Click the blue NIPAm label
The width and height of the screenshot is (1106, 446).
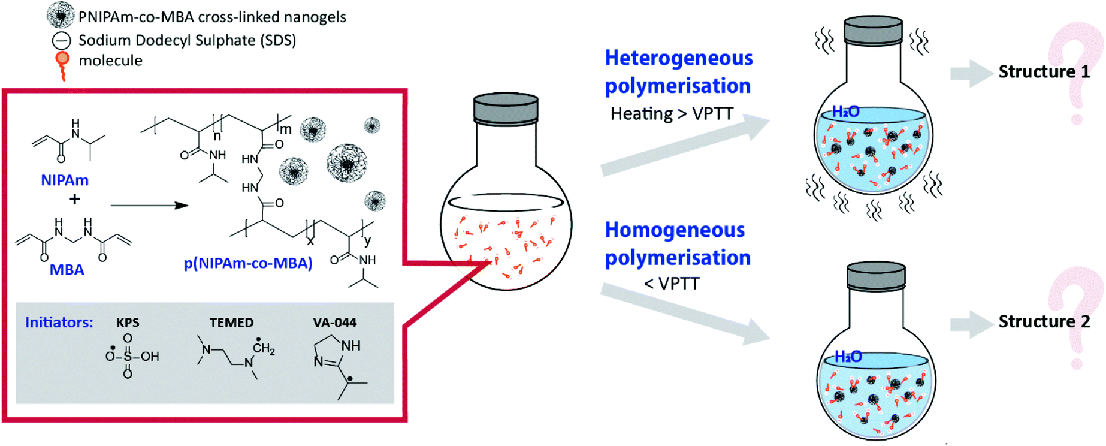tap(65, 180)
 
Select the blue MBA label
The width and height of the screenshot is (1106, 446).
tap(67, 270)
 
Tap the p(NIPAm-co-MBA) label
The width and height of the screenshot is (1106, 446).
tap(248, 263)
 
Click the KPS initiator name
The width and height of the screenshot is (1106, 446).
tap(128, 323)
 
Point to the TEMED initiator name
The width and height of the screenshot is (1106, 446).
tap(231, 323)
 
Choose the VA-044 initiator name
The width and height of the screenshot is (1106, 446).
tap(334, 323)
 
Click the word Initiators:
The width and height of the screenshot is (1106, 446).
tap(59, 323)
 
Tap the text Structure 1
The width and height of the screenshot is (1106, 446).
tap(1044, 72)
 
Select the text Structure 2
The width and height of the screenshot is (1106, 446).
tap(1044, 322)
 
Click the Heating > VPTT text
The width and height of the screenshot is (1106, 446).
tap(672, 114)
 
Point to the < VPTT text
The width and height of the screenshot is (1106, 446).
tap(672, 284)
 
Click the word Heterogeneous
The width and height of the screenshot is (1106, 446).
tap(678, 58)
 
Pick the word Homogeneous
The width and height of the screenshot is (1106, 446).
tap(675, 230)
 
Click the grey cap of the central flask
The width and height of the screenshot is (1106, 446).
tap(506, 108)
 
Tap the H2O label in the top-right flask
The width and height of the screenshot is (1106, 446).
tap(845, 111)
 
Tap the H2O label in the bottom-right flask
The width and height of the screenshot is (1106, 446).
tap(848, 357)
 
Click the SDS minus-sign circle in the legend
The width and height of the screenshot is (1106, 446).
tap(61, 41)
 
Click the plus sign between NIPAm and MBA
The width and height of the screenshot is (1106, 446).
tap(74, 199)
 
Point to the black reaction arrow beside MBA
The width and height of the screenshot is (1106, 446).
tap(149, 206)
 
